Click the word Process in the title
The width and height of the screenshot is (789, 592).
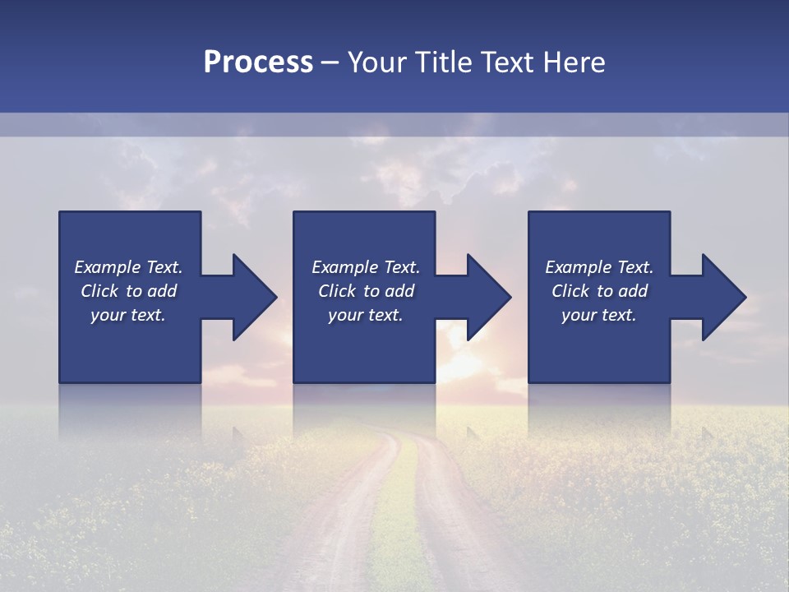pyautogui.click(x=258, y=62)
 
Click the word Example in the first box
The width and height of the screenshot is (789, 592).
pyautogui.click(x=106, y=267)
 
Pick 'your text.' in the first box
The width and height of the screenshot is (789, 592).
pyautogui.click(x=128, y=316)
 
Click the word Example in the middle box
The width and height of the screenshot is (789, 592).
pyautogui.click(x=344, y=267)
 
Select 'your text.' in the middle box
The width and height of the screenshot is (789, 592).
pyautogui.click(x=366, y=316)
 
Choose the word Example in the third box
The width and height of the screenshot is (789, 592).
pyautogui.click(x=577, y=267)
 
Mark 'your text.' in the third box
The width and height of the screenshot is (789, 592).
pyautogui.click(x=599, y=316)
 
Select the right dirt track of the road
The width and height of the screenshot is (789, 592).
pyautogui.click(x=460, y=526)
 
